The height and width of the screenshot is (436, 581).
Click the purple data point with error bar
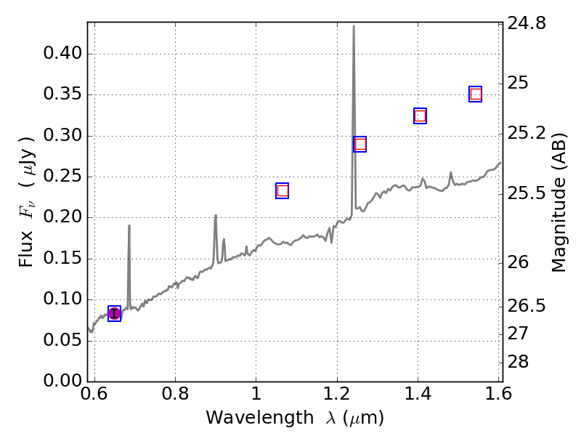coord(114,313)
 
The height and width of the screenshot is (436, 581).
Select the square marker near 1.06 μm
coord(283,190)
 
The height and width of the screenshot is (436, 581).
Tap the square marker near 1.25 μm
coord(359,144)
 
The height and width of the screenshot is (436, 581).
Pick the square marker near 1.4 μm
coord(420,116)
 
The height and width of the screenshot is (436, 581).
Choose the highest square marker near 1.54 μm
coord(476,94)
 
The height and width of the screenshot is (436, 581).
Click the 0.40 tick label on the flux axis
coord(62,54)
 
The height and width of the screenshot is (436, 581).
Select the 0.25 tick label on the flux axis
coord(62,177)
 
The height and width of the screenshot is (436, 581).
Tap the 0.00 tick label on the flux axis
coord(62,381)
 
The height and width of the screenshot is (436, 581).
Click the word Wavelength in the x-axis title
coord(243,418)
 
